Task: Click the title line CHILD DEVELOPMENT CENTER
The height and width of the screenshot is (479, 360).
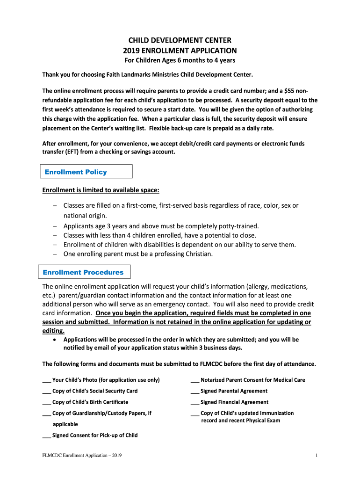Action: pyautogui.click(x=180, y=40)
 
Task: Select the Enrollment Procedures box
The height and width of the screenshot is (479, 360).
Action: pyautogui.click(x=84, y=272)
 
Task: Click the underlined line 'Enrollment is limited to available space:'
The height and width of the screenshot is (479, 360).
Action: pyautogui.click(x=101, y=190)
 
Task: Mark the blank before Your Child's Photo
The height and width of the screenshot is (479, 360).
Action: pyautogui.click(x=46, y=380)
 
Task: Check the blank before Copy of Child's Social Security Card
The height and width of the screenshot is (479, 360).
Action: pyautogui.click(x=46, y=392)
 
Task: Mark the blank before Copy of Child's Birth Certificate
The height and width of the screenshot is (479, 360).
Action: pyautogui.click(x=46, y=403)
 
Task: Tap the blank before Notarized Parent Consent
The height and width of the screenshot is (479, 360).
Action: pyautogui.click(x=194, y=380)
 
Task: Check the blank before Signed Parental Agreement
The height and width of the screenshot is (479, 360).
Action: pyautogui.click(x=194, y=392)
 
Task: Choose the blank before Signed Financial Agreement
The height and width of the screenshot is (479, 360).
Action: pyautogui.click(x=194, y=403)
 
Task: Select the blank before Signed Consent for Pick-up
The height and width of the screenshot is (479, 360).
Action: pyautogui.click(x=46, y=436)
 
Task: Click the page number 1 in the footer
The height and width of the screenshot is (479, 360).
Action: pyautogui.click(x=317, y=456)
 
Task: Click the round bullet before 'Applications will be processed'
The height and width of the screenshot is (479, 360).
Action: pyautogui.click(x=56, y=340)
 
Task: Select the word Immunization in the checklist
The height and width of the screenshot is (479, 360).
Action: pyautogui.click(x=274, y=413)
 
